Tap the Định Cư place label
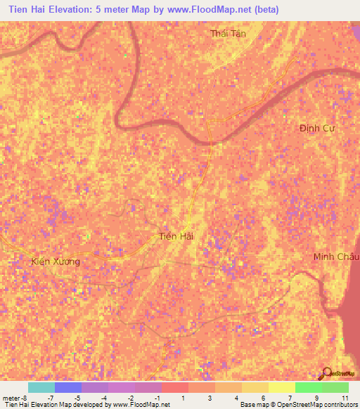[314, 128]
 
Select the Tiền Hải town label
[176, 237]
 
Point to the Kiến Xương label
[56, 261]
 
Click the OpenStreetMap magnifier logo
[326, 373]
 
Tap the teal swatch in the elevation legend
[41, 387]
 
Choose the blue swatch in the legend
[67, 387]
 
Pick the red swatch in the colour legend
[174, 387]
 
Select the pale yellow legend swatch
[281, 387]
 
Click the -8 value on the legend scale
[25, 398]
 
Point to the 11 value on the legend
[344, 398]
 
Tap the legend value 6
[263, 398]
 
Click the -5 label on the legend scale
[77, 398]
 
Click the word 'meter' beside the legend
[11, 398]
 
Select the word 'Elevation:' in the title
[71, 10]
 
